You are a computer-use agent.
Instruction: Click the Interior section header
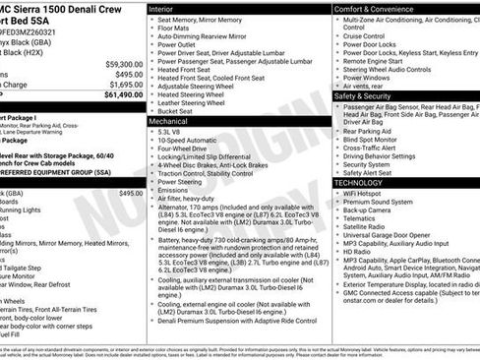pos(163,8)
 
